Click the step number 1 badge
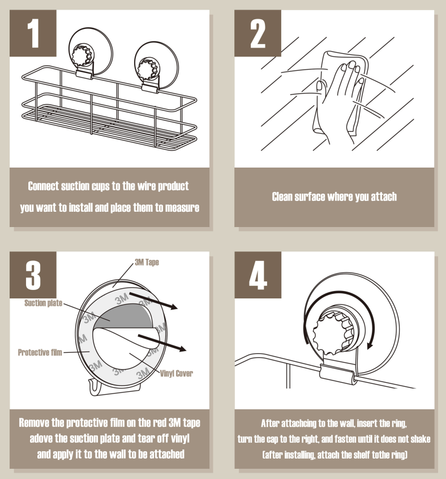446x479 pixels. click(33, 33)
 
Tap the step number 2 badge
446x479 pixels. click(258, 33)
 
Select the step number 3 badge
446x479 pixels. click(33, 275)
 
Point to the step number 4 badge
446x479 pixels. click(258, 275)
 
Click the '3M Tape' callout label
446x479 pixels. click(147, 262)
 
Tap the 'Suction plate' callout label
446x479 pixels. click(44, 303)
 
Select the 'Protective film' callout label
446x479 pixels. click(40, 353)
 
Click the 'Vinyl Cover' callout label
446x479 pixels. click(177, 373)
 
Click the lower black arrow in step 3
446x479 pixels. click(162, 343)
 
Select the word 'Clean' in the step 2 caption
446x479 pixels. click(282, 196)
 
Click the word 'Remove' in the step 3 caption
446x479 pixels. click(34, 423)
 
